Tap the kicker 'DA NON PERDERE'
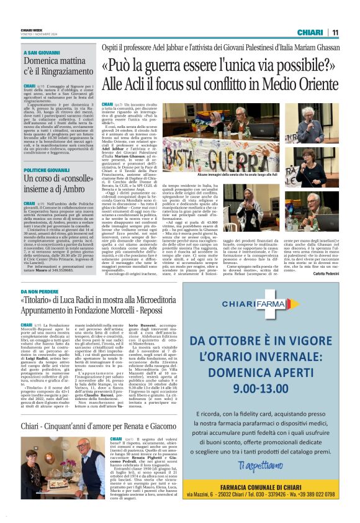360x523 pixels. [x=40, y=291]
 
